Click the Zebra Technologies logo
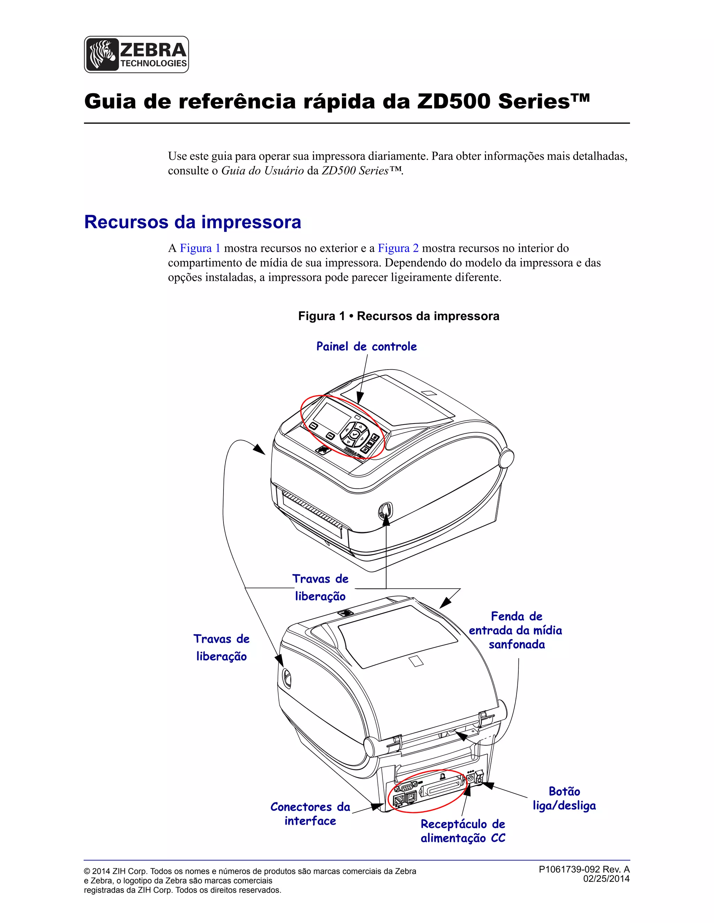[136, 55]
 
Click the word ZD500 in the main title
[454, 102]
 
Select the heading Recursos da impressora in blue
[192, 222]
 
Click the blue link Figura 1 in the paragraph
[200, 248]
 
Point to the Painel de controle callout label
[366, 347]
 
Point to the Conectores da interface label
[310, 814]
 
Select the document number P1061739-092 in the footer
[569, 869]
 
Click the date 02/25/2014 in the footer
[606, 879]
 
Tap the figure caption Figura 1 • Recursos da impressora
[398, 316]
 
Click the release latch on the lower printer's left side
[286, 678]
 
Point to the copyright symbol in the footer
[87, 871]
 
